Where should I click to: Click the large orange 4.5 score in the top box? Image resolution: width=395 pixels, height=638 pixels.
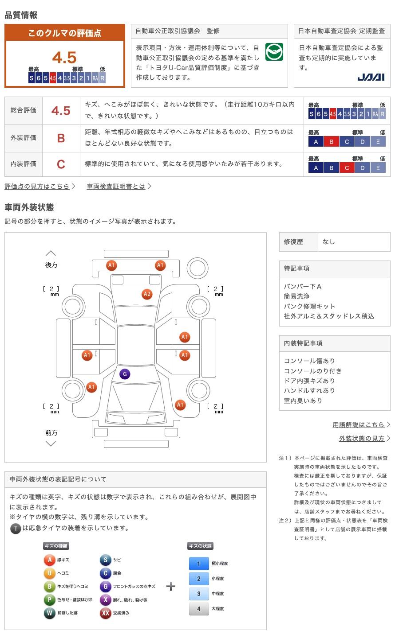pos(64,57)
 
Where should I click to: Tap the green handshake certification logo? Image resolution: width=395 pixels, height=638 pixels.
pos(274,52)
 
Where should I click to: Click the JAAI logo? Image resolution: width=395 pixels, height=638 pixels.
pos(371,77)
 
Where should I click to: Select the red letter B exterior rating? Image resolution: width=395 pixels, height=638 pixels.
pos(61,138)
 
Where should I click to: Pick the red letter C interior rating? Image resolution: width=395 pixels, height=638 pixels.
pos(61,164)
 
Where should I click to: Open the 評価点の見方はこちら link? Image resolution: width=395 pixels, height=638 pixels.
pos(37,186)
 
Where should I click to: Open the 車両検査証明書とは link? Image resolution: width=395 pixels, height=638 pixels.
pos(116,186)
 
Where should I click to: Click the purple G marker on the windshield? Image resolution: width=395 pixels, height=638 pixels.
pos(125,374)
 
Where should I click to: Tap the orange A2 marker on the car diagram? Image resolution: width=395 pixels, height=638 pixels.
pos(147,294)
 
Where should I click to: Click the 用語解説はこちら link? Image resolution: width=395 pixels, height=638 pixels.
pos(359,424)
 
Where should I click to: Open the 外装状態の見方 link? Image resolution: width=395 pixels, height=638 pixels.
pos(362,438)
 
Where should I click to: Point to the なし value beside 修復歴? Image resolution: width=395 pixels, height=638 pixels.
pos(328,241)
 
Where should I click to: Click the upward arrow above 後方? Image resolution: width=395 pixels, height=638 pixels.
pos(51,253)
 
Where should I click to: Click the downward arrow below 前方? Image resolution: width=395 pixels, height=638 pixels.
pos(51,443)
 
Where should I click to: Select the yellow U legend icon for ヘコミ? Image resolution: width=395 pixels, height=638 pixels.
pos(49,573)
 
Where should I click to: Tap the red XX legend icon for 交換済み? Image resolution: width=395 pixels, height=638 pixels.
pos(105,613)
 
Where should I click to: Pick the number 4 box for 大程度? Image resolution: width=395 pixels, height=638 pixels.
pos(199,609)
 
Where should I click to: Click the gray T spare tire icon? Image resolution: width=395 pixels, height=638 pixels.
pos(16,529)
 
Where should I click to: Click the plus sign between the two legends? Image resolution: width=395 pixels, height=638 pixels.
pos(171,586)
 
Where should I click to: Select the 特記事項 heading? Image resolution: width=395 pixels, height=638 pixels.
pos(296,268)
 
